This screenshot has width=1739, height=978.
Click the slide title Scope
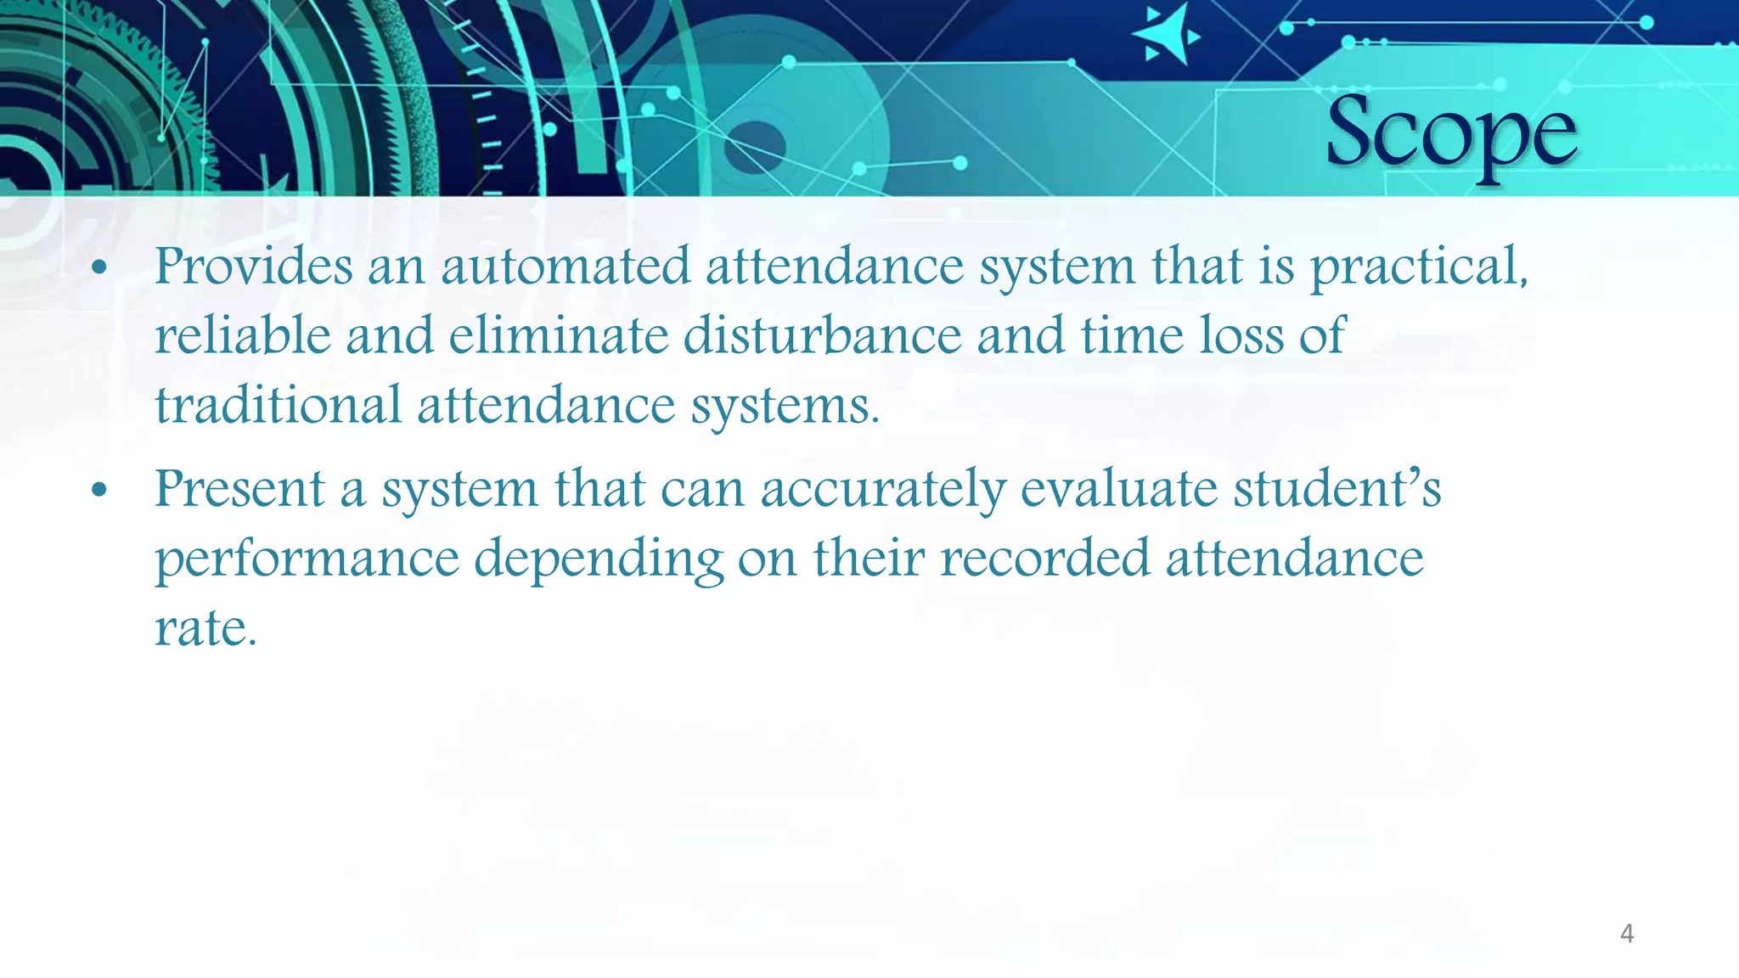1451,134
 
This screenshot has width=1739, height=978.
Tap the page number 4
1627,934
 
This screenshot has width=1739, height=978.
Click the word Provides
253,267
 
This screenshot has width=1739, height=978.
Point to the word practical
1419,268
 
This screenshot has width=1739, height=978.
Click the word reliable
243,335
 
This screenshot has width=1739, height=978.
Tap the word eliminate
559,335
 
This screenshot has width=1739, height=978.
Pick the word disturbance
822,335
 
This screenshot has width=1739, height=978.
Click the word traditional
278,405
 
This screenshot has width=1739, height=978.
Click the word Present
240,490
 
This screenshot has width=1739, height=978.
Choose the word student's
1337,490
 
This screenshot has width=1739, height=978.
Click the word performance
307,560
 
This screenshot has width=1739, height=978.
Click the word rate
205,629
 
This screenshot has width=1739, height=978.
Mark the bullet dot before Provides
99,268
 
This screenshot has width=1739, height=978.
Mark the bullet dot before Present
99,491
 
